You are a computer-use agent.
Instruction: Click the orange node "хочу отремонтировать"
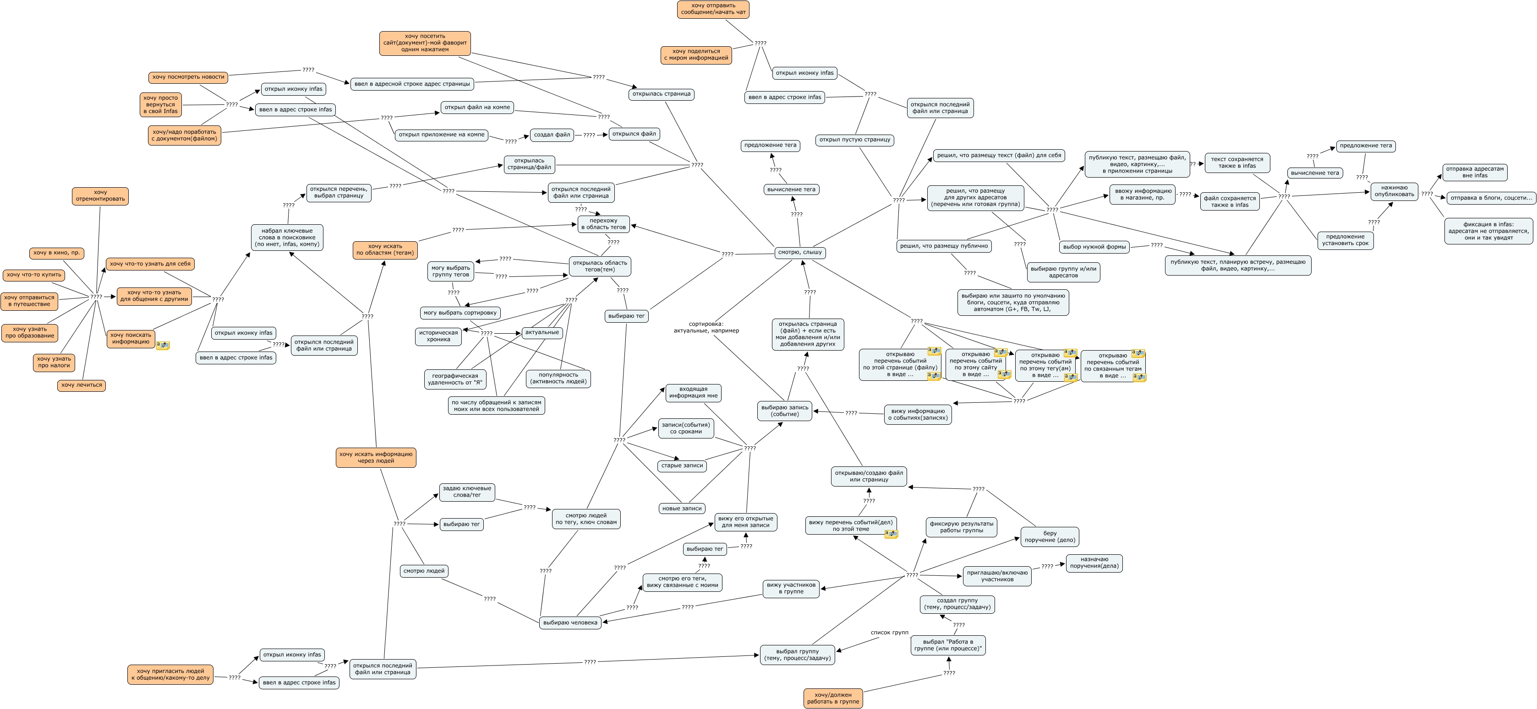[x=100, y=195]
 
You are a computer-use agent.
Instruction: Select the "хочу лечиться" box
[x=81, y=385]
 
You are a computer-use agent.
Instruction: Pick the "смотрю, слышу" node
[x=799, y=252]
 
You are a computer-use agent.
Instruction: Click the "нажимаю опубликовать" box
[x=1394, y=191]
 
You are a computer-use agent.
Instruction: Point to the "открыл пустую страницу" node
[x=854, y=140]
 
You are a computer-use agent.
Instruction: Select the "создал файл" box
[x=552, y=135]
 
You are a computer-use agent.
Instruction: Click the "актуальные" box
[x=542, y=332]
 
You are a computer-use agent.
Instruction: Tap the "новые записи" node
[x=681, y=509]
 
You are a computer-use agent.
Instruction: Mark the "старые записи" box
[x=682, y=465]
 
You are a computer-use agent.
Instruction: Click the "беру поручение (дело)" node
[x=1050, y=536]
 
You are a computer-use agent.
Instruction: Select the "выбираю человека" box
[x=570, y=622]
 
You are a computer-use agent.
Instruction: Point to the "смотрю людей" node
[x=424, y=571]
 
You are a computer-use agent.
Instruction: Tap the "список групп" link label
[x=889, y=632]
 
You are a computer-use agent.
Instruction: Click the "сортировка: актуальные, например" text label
[x=706, y=327]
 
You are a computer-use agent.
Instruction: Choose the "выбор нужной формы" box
[x=1094, y=247]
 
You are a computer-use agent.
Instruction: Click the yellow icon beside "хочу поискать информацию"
[x=163, y=345]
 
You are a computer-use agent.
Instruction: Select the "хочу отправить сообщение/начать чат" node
[x=713, y=9]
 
